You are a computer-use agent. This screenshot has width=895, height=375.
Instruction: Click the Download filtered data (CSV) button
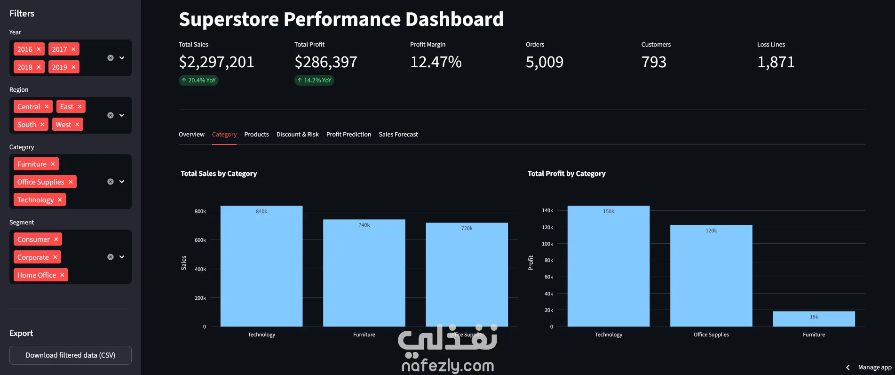71,355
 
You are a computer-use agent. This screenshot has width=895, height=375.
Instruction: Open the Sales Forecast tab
398,135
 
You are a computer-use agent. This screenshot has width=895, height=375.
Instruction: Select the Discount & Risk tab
297,135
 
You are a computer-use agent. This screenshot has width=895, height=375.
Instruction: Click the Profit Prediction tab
348,135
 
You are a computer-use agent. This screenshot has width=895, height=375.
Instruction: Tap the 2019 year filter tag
59,67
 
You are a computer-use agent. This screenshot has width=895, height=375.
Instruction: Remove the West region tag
77,125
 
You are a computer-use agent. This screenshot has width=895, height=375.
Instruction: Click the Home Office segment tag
37,275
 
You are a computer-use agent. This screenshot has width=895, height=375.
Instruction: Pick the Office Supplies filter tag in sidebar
40,182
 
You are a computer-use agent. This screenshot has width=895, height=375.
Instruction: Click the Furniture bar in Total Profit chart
814,319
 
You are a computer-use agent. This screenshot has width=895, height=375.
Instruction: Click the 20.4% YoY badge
198,80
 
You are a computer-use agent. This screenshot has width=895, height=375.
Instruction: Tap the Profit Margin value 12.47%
436,62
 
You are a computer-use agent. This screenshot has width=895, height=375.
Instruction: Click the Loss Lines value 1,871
776,62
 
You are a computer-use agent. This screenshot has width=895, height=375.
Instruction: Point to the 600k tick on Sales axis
200,240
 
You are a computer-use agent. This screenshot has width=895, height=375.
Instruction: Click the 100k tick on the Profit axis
547,244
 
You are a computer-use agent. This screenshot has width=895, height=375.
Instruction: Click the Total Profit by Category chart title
566,174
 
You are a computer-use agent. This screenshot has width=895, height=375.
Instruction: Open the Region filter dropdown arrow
122,115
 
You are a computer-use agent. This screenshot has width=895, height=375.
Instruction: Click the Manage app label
874,367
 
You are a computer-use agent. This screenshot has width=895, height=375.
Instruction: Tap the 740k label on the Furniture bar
364,225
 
